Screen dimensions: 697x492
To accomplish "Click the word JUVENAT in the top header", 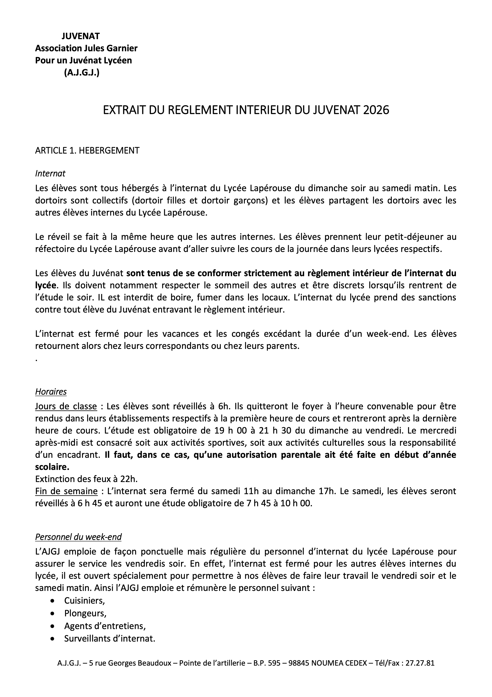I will tap(81, 36).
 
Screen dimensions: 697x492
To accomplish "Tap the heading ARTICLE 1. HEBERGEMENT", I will tap(87, 151).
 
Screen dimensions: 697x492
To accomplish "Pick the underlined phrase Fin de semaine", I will tap(66, 491).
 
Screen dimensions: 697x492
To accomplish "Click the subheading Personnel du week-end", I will tap(78, 537).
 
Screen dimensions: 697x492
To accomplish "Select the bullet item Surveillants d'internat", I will tap(110, 639).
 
